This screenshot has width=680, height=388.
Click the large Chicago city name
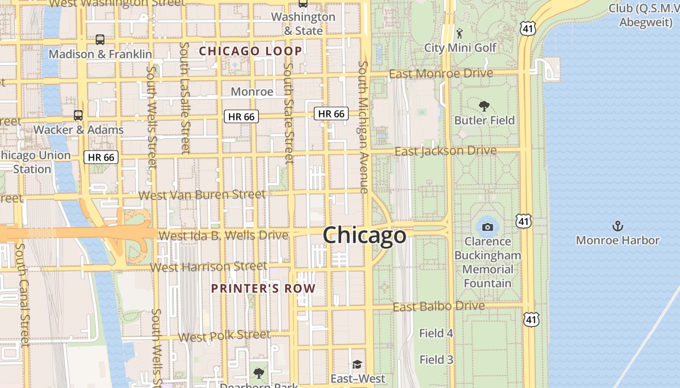coord(364,235)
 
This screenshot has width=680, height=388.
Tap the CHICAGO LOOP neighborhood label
coord(251,51)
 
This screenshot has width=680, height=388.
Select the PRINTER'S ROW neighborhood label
coord(263,289)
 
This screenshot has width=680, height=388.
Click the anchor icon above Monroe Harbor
coord(617,226)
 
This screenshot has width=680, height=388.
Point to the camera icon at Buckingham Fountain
coord(487,227)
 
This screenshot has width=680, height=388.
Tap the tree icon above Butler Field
coord(484,106)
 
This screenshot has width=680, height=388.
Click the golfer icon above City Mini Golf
coord(459,33)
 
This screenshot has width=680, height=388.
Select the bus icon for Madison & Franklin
coord(100,40)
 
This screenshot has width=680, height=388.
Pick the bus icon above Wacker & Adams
coord(78,115)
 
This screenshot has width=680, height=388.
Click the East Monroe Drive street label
coord(441,74)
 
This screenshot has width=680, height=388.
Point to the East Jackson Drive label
coord(445,151)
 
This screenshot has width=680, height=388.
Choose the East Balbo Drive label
coord(439,307)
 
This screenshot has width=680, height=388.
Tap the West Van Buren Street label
coord(202,195)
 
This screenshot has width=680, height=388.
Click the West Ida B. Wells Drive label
coord(223,236)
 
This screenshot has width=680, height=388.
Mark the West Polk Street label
coord(224,336)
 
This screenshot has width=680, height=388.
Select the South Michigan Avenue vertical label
coord(363,127)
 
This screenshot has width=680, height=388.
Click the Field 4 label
coord(436,333)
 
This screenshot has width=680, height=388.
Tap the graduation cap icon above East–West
coord(357,364)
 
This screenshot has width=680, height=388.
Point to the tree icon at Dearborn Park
coord(259,373)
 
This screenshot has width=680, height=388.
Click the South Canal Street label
coord(22,295)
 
